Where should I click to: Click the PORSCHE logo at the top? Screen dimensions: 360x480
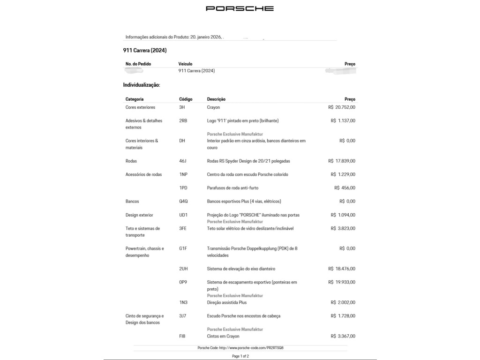coord(240,8)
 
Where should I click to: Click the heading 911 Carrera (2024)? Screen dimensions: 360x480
coord(145,51)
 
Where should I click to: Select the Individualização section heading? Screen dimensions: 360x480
coord(142,85)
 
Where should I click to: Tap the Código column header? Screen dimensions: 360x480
coord(186,99)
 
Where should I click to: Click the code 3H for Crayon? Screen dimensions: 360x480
coord(182,107)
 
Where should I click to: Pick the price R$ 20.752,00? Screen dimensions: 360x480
coord(342,107)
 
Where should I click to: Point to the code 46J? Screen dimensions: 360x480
coord(183,161)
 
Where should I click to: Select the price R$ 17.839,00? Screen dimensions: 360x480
coord(342,161)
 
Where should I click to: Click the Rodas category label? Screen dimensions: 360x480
coord(131,161)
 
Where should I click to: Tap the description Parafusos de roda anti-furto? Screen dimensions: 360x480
coord(232,188)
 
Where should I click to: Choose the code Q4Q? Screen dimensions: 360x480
coord(183,202)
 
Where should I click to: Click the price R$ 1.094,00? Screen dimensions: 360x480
coord(343,215)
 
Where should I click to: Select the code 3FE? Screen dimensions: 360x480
coord(183,229)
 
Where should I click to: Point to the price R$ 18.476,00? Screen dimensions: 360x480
coord(342,269)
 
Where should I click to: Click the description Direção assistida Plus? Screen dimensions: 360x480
coord(227,303)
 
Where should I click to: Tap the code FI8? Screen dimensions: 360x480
coord(182,337)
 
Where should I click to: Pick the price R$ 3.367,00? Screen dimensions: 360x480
coord(343,337)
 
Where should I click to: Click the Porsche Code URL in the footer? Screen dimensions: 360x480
coord(240,348)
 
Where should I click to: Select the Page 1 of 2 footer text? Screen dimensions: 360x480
coord(240,356)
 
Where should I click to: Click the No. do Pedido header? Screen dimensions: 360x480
coord(138,64)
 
